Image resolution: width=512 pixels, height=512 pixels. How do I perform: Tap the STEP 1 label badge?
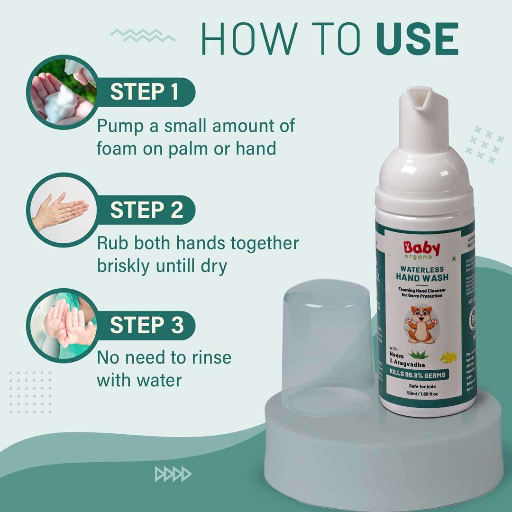[144, 92]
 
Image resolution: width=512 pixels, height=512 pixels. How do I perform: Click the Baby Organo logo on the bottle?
[421, 250]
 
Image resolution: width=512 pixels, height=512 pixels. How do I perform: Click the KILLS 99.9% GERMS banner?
[420, 375]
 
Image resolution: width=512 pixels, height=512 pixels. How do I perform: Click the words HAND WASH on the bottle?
[421, 277]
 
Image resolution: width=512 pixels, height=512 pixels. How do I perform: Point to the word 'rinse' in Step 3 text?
[208, 357]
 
